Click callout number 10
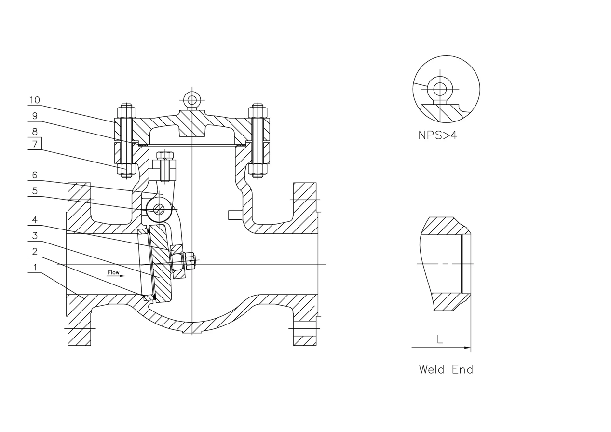point(34,100)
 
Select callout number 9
point(34,116)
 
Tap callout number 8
point(34,131)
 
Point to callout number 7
point(34,144)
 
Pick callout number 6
point(34,175)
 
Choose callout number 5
point(34,190)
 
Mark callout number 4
point(34,220)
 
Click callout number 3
point(34,236)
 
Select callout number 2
point(34,251)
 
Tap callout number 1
point(34,267)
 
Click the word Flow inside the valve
point(113,272)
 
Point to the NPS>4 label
point(437,135)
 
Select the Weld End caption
point(446,370)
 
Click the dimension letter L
point(440,339)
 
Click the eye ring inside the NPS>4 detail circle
point(440,89)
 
